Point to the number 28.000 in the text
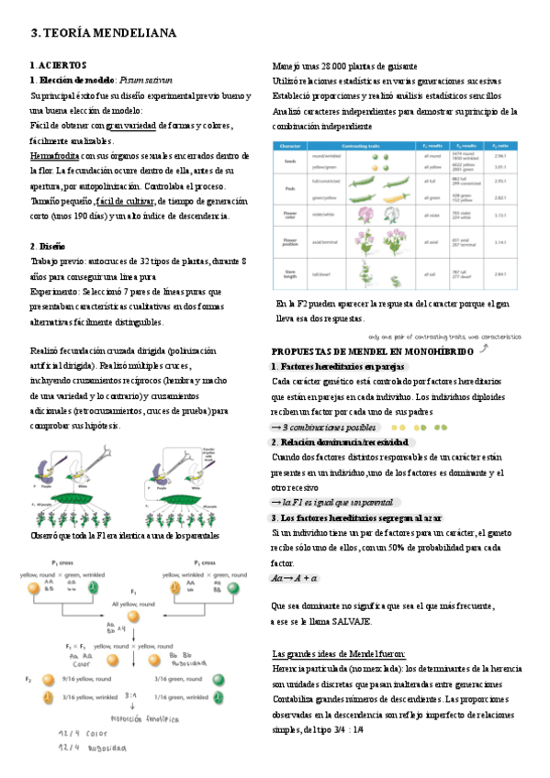(x=337, y=67)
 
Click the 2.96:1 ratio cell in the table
(x=501, y=157)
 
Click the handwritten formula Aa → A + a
(x=295, y=578)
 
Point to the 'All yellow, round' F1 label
(x=139, y=604)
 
